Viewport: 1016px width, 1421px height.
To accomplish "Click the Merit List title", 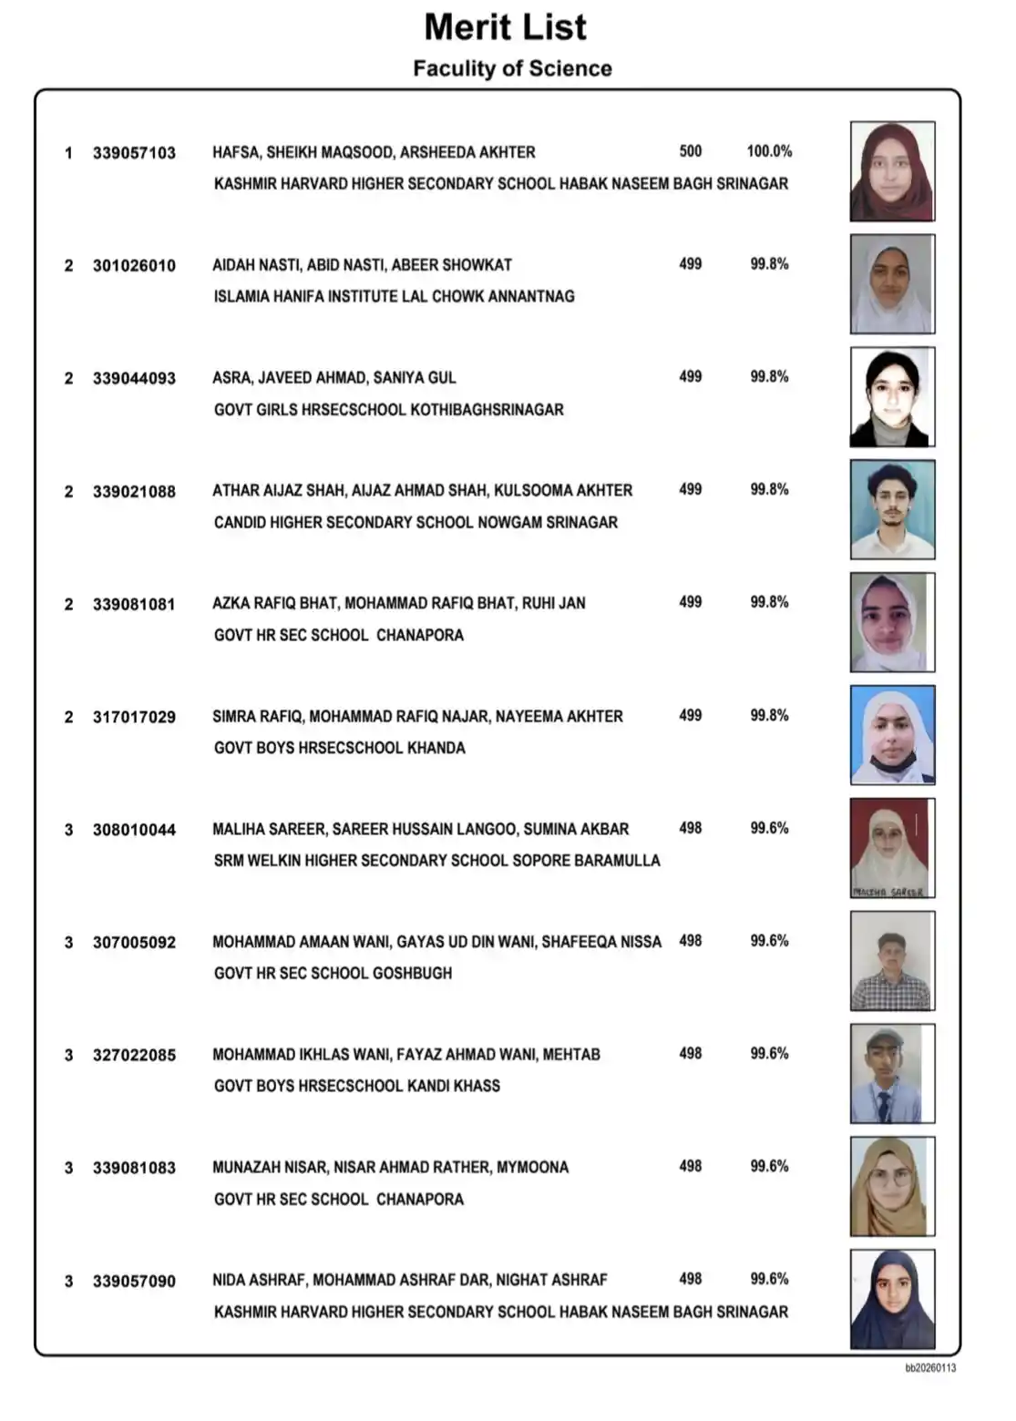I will coord(505,27).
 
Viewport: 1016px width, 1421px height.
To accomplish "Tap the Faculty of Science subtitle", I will coord(512,68).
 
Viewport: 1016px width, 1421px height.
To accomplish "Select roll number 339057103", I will coord(134,153).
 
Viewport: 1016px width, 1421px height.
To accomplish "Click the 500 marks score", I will coord(691,151).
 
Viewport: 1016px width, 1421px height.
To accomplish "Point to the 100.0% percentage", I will coord(769,151).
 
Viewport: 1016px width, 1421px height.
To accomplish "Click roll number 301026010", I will coord(134,266).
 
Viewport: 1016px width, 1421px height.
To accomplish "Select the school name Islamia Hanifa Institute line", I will coord(394,296).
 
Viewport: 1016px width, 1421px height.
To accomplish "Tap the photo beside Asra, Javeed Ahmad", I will coord(892,397).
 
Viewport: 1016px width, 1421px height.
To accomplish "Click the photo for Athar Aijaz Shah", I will coord(892,509).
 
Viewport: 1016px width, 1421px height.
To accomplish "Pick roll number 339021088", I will coord(134,492).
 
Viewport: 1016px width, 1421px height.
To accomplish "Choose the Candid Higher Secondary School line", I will coord(416,522).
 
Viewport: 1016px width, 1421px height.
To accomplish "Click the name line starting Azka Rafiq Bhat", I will coord(398,603).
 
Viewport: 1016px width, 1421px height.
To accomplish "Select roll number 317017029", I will coord(134,718).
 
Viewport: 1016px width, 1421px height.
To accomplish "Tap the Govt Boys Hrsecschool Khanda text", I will coord(339,748).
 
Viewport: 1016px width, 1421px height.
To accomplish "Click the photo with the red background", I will coord(892,848).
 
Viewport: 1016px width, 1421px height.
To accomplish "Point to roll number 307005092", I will coord(134,943).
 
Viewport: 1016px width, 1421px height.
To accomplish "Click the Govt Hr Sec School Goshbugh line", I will coord(333,973).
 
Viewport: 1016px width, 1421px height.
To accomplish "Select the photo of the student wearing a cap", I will coord(892,1073).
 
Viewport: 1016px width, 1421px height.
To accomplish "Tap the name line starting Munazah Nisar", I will coord(390,1167).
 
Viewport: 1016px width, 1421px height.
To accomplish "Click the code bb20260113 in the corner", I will coord(930,1367).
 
